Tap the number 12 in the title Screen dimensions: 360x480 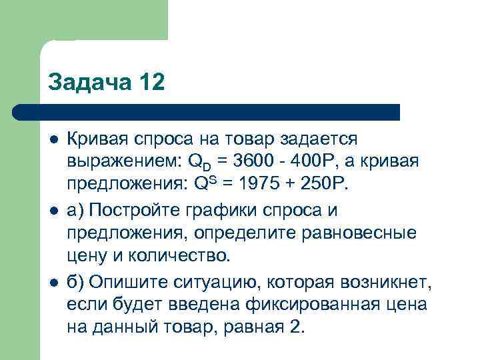click(147, 83)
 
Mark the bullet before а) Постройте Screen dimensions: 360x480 click(53, 211)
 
